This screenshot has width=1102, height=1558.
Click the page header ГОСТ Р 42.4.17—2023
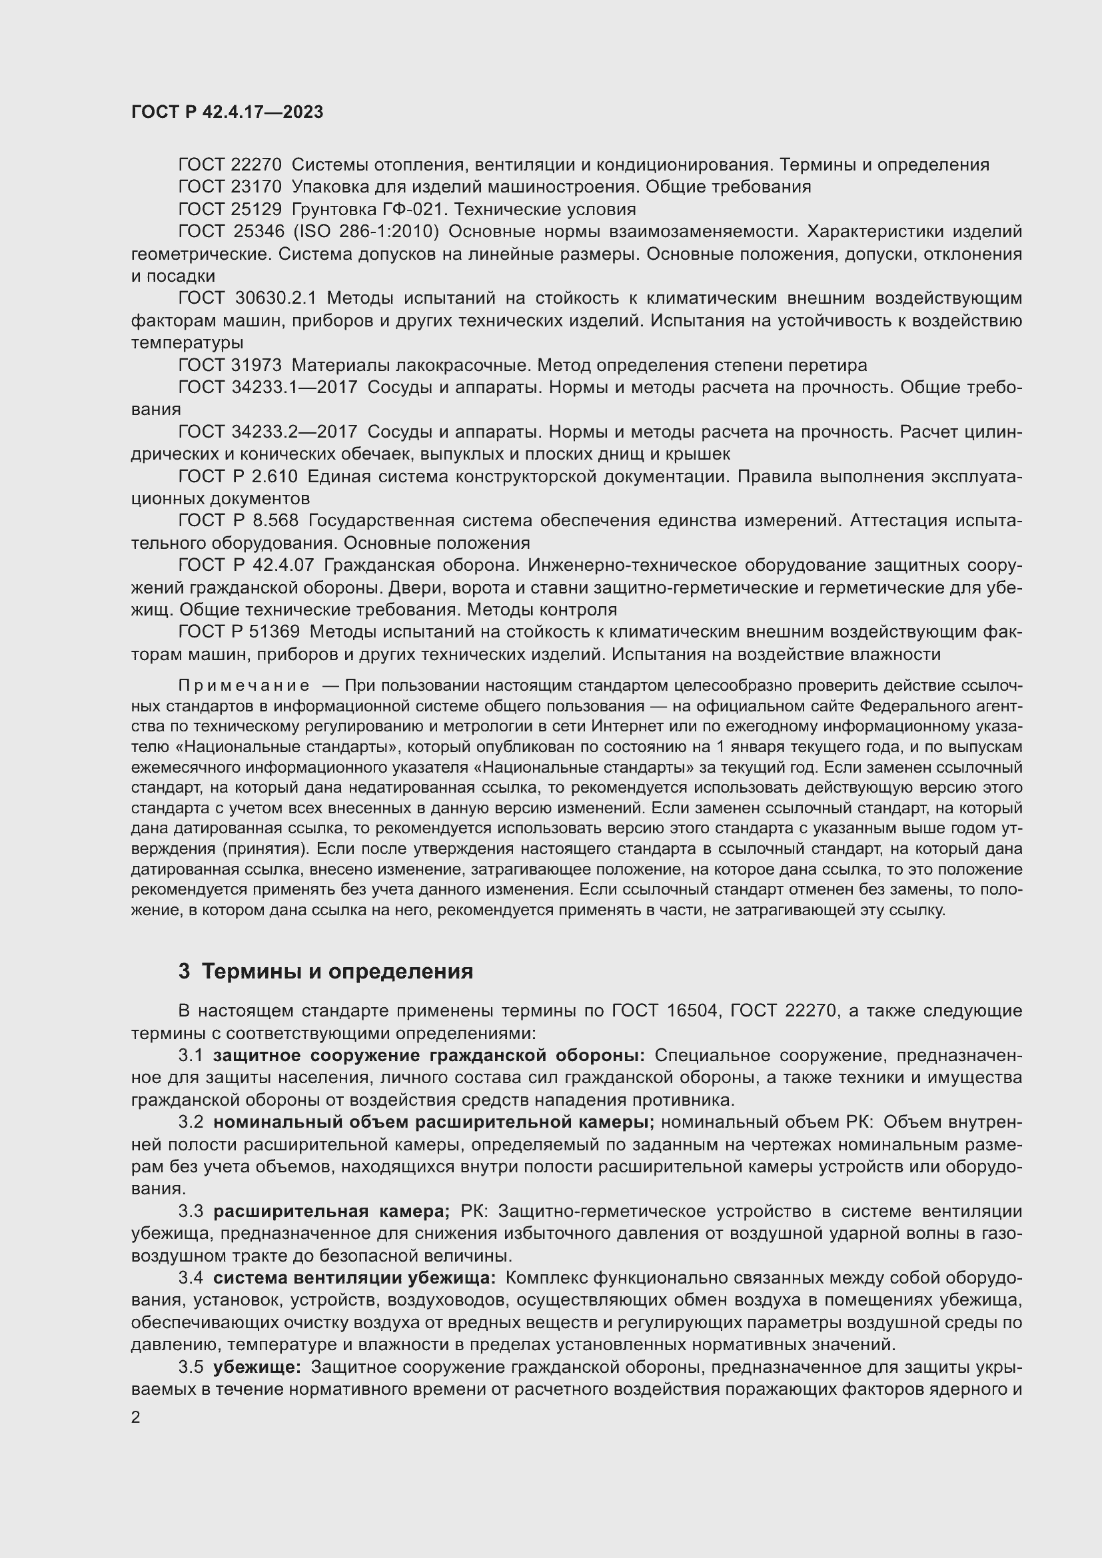click(x=227, y=113)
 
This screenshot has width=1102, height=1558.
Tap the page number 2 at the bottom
click(x=136, y=1417)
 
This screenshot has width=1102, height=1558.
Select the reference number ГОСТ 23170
click(x=229, y=187)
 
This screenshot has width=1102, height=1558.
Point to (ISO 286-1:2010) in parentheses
click(x=366, y=231)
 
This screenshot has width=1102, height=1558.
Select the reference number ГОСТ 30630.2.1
click(x=247, y=298)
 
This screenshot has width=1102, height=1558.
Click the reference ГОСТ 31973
click(x=229, y=365)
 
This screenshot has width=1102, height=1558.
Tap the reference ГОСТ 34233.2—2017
click(x=267, y=432)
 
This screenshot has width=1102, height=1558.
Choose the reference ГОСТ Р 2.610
click(x=237, y=476)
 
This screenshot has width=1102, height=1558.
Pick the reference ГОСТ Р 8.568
click(x=237, y=520)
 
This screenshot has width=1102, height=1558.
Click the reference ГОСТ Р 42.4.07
click(x=246, y=566)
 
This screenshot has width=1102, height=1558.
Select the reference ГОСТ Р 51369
click(x=239, y=631)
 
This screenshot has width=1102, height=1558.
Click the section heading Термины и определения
click(x=337, y=971)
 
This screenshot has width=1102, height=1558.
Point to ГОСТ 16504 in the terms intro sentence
click(x=664, y=1010)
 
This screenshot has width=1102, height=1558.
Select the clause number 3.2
click(x=191, y=1122)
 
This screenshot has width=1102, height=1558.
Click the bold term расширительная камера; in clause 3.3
click(x=331, y=1211)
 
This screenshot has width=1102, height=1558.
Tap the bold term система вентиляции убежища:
click(x=354, y=1278)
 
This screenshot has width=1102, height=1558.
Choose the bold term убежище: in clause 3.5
click(x=257, y=1367)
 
